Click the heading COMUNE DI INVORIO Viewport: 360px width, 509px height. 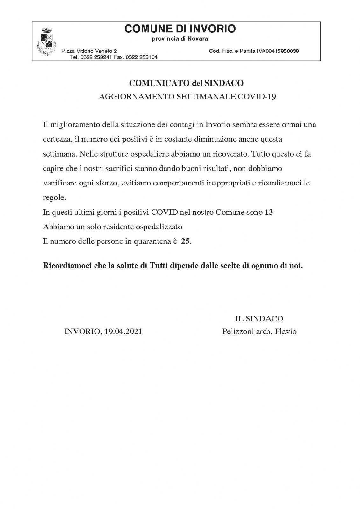(180, 29)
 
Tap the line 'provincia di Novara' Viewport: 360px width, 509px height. (180, 39)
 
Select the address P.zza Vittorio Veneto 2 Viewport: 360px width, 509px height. (89, 51)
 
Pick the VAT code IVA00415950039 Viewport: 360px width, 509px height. (278, 51)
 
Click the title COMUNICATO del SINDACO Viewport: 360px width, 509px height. (186, 83)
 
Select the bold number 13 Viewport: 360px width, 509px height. (269, 212)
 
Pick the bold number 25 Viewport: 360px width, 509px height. (186, 241)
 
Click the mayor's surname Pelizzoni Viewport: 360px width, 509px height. (238, 331)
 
